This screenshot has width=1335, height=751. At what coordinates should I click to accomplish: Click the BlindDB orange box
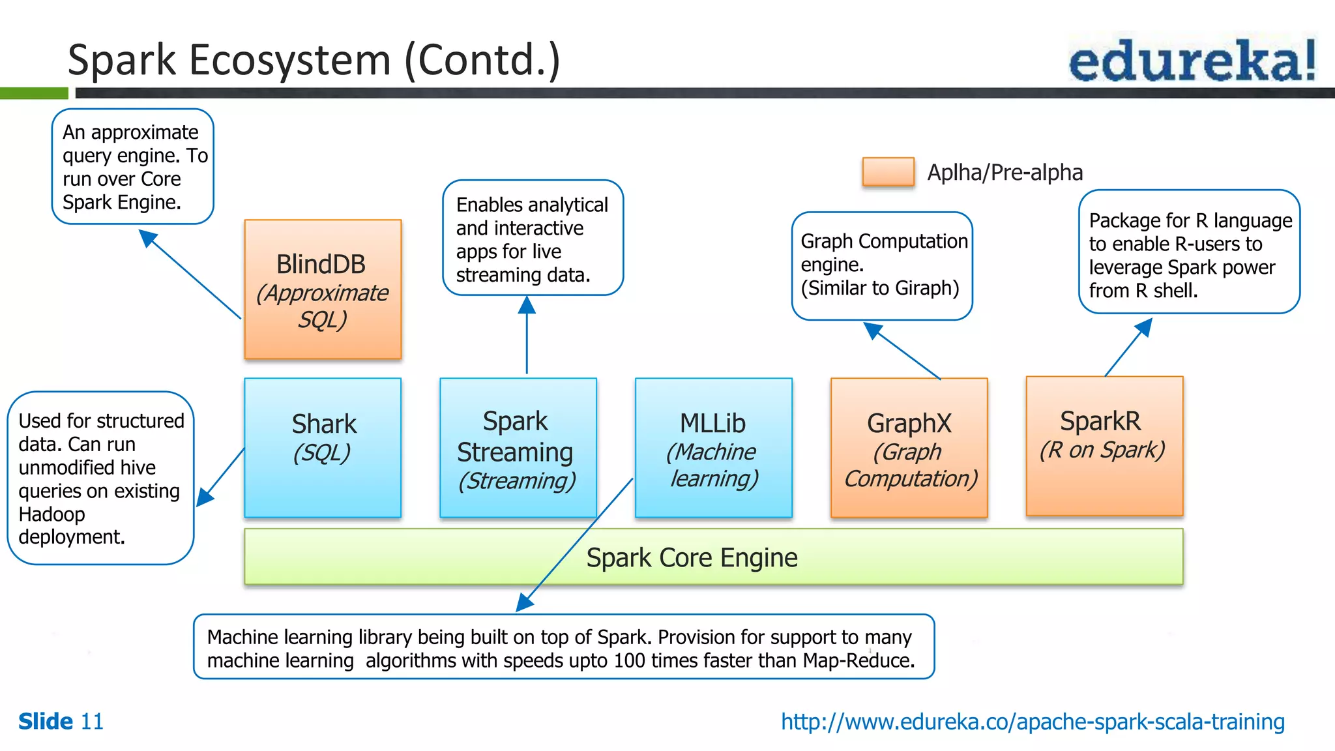coord(323,289)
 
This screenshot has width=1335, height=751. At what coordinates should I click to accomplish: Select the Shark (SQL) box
coord(323,448)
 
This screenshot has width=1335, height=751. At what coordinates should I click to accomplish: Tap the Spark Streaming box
coord(518,448)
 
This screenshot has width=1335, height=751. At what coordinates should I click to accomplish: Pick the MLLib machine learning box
coord(713,448)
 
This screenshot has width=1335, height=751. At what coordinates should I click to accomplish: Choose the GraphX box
coord(909,448)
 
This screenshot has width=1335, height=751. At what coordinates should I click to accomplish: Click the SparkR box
coord(1104,447)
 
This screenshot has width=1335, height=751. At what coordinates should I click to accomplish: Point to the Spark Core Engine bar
coord(713,557)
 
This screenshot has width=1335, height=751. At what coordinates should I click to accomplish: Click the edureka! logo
coord(1192,60)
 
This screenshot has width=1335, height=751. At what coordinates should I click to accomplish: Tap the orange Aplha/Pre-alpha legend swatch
coord(888,172)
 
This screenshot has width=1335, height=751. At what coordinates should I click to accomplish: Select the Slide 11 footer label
coord(61,722)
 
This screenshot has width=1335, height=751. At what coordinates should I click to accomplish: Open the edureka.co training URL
coord(1033,722)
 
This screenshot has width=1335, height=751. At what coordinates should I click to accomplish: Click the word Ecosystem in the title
coord(290,60)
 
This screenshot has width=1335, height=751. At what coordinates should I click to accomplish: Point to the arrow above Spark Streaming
coord(527,336)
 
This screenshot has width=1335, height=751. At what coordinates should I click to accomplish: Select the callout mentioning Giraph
coord(882,265)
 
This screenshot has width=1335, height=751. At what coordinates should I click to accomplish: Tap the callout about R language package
coord(1189,252)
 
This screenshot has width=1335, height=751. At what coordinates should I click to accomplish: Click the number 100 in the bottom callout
coord(629,661)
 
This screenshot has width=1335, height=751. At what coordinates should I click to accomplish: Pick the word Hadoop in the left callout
coord(51,514)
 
